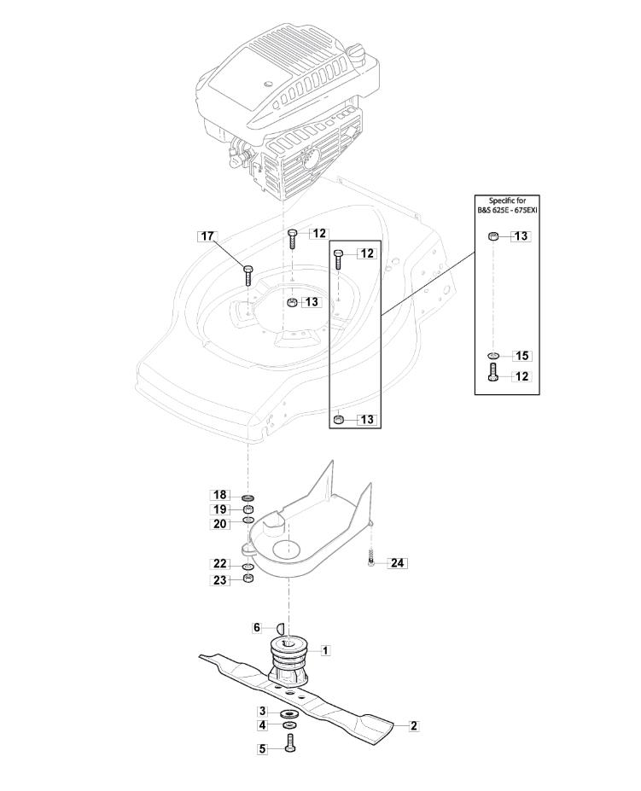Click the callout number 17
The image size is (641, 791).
[207, 236]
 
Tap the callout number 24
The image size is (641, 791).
[397, 562]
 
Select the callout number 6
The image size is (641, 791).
[257, 627]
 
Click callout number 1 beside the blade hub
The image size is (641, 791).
[325, 650]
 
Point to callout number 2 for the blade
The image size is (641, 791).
[414, 726]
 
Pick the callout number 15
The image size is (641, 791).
[522, 356]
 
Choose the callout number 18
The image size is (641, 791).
[220, 495]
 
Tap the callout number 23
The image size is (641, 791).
[220, 580]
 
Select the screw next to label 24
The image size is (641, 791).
[371, 559]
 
